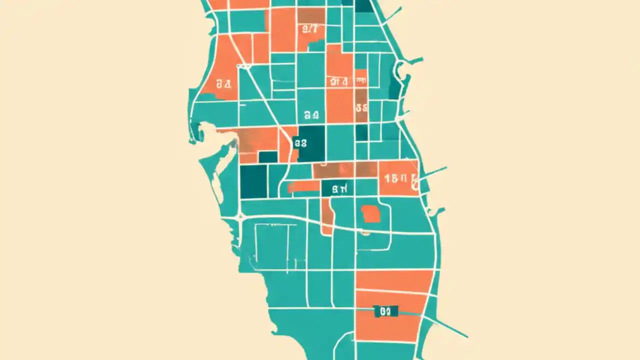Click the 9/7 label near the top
(310, 28)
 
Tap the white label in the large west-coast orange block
(223, 84)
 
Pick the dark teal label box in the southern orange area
(385, 311)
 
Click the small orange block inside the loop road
(370, 214)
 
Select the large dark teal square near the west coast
(253, 181)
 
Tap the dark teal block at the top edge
(364, 5)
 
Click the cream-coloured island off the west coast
(217, 185)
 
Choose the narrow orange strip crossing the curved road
(327, 216)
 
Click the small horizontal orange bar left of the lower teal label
(304, 186)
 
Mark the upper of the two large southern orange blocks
(394, 281)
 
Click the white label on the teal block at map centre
(311, 115)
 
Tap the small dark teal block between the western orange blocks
(268, 157)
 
